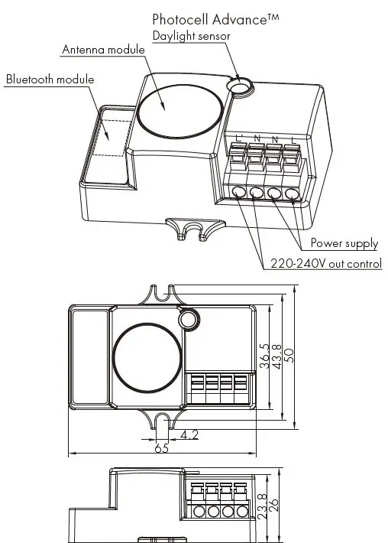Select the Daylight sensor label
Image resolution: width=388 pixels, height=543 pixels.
191,36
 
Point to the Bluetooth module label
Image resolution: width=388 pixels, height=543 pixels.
50,80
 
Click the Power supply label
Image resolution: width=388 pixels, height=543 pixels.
344,244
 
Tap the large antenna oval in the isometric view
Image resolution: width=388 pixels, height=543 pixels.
180,110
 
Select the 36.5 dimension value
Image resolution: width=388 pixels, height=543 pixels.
263,356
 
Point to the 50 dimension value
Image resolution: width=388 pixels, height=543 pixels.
289,356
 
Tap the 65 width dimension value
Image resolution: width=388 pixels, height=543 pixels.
161,448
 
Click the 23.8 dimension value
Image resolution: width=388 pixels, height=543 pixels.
263,507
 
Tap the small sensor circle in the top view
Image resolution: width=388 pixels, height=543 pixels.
188,319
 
